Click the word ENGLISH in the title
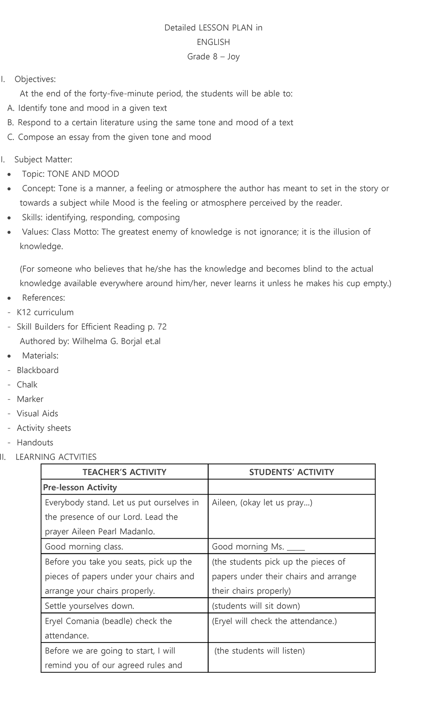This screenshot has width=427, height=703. click(213, 42)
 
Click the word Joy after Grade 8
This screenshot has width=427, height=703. click(233, 57)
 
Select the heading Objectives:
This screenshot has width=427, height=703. click(35, 79)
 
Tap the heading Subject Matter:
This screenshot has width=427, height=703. click(43, 159)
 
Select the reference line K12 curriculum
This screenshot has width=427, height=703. click(45, 312)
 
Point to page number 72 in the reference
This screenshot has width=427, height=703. click(162, 327)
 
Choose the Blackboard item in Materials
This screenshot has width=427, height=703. click(38, 370)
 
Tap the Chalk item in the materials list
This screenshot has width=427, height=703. click(27, 385)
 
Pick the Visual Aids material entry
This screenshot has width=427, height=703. click(37, 414)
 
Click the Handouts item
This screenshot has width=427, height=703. click(35, 443)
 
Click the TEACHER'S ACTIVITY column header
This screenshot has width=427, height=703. click(125, 472)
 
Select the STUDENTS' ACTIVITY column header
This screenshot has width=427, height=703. click(291, 472)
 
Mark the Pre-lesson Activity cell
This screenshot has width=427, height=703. click(80, 487)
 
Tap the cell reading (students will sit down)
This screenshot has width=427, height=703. click(256, 606)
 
